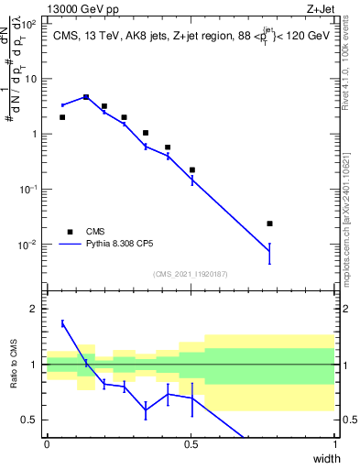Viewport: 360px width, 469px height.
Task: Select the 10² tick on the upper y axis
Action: (31, 25)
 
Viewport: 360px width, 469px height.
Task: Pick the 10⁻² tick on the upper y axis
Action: (29, 245)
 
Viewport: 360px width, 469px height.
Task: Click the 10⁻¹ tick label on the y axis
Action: (29, 190)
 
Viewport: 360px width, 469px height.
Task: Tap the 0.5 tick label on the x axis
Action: (191, 444)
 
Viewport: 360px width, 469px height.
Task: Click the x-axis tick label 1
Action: (335, 444)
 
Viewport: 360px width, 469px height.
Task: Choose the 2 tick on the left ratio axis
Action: (36, 309)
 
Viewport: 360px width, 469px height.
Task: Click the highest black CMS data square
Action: (86, 97)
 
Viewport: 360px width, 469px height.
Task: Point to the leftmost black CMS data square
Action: (62, 117)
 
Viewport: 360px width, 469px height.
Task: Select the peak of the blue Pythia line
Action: (86, 96)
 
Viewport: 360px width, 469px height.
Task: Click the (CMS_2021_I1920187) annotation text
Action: (191, 273)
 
